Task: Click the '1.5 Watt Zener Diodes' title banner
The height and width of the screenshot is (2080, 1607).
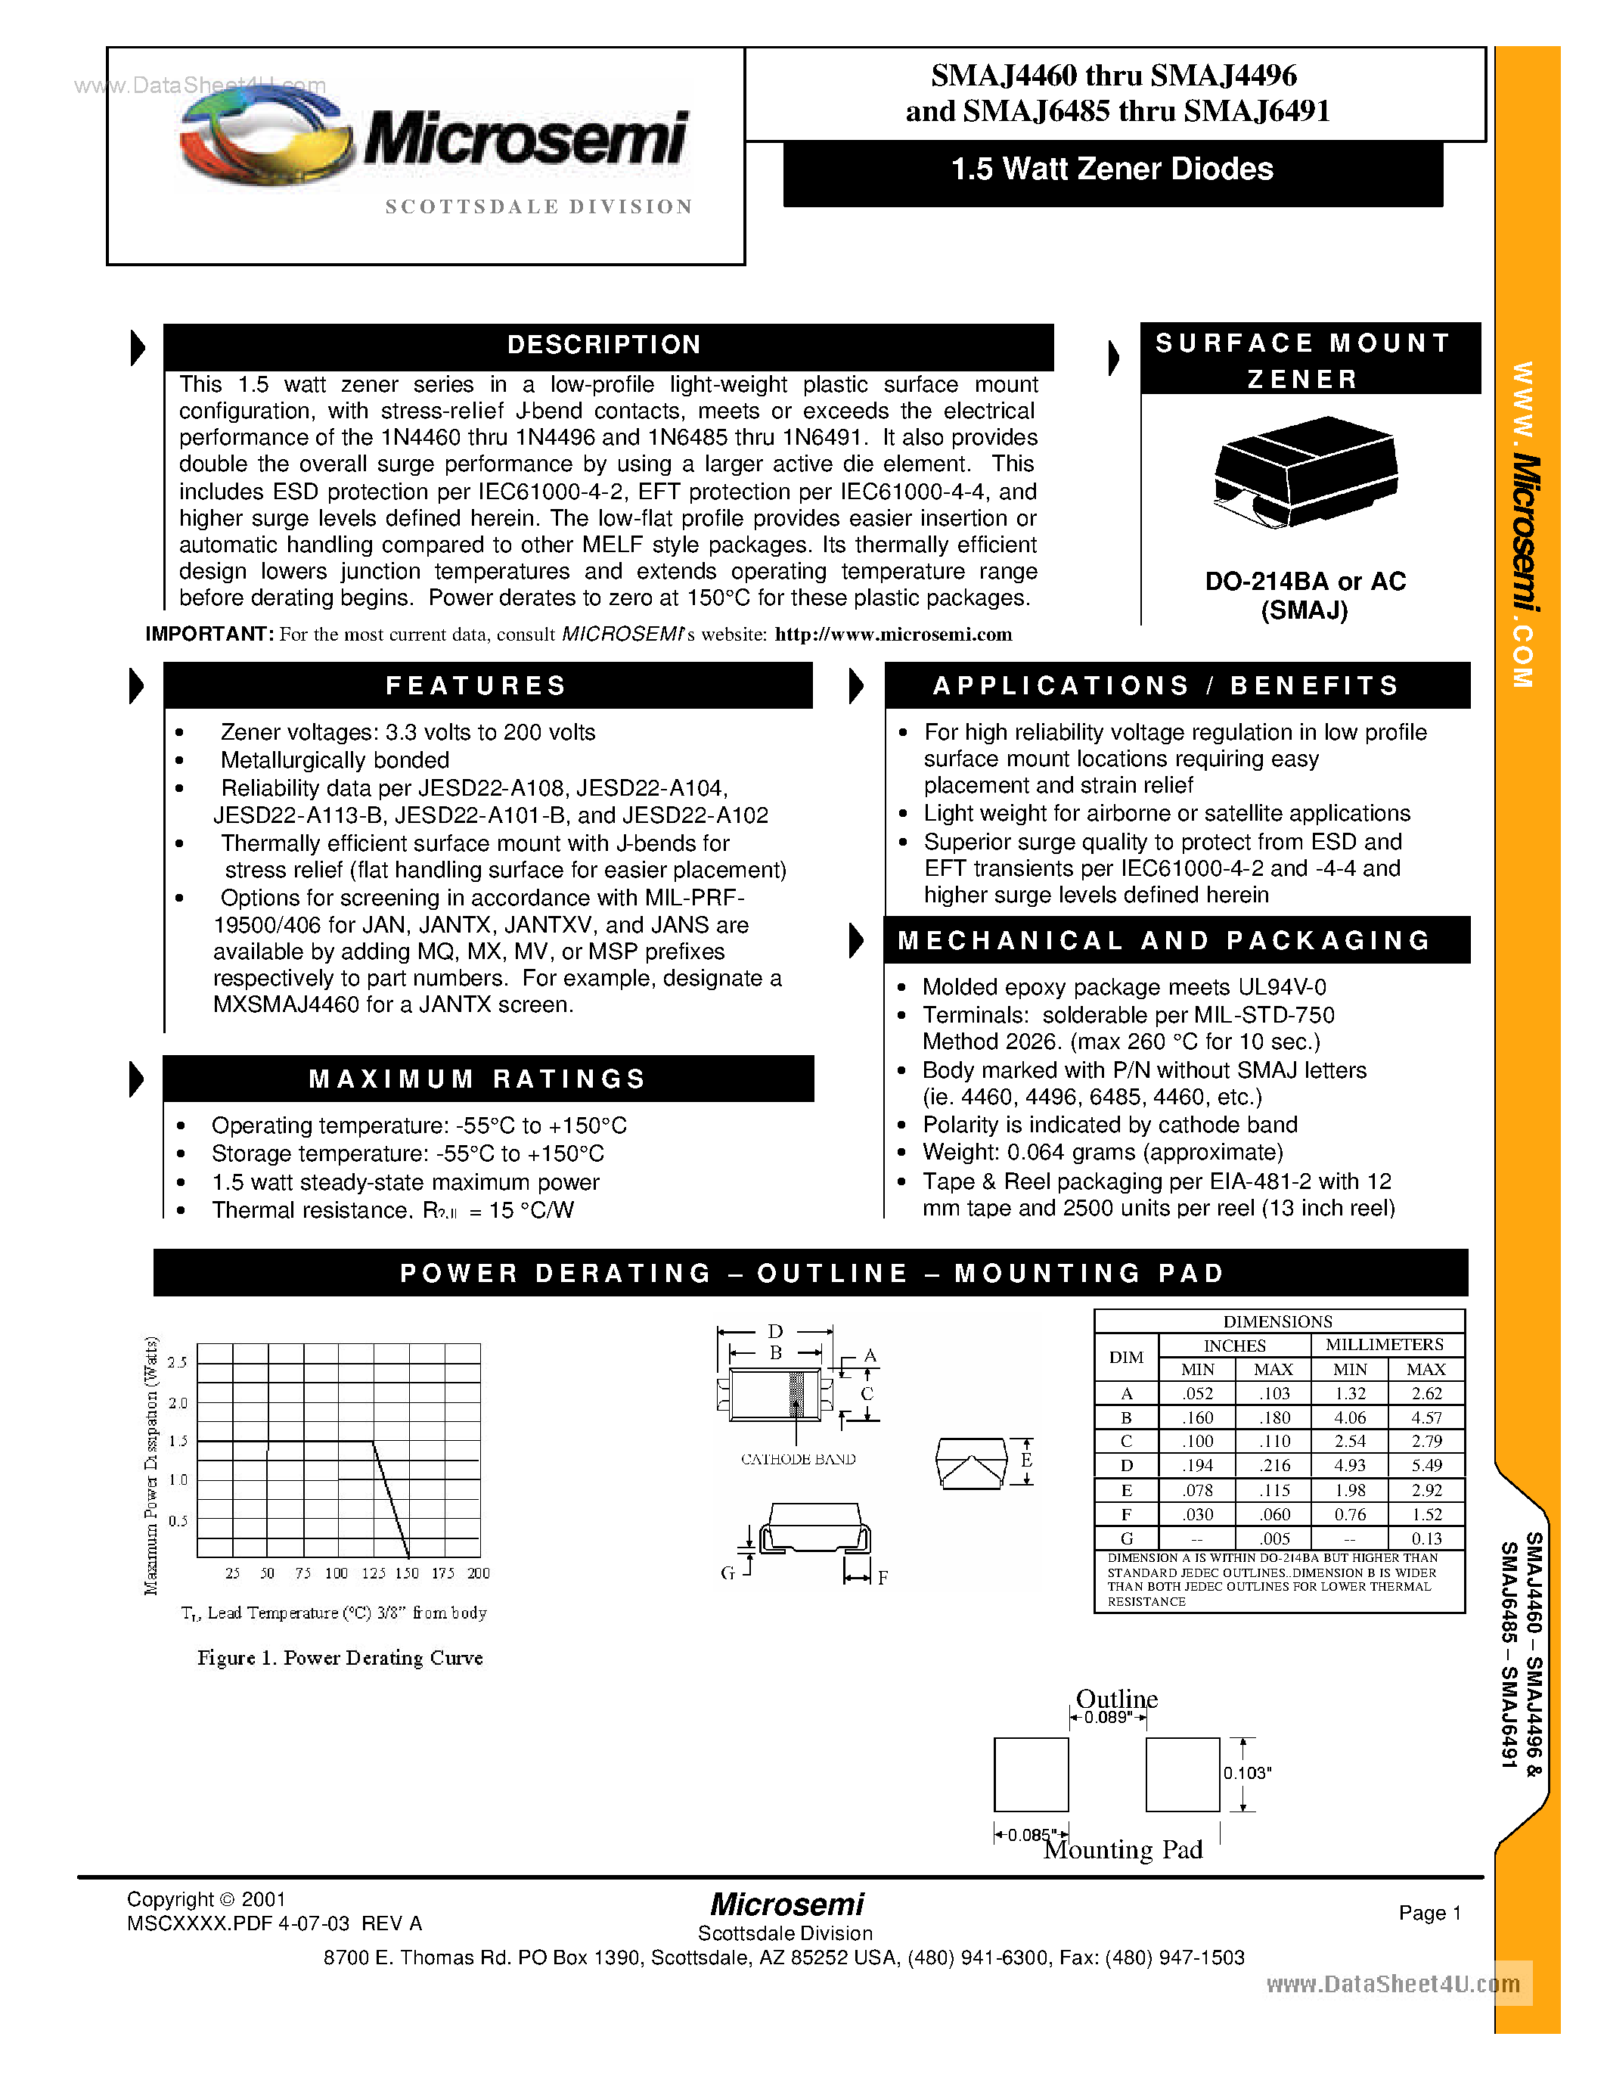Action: [1112, 170]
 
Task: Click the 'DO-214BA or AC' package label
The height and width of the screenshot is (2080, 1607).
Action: [1305, 582]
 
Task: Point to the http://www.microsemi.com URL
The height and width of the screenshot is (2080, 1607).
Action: [892, 635]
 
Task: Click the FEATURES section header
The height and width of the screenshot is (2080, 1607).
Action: [476, 686]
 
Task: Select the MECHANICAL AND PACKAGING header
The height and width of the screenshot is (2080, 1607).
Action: [1165, 941]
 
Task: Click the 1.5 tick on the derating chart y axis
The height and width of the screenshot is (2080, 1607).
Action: [178, 1441]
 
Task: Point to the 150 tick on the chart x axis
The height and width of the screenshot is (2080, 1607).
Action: [407, 1573]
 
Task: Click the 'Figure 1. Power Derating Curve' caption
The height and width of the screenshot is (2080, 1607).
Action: [340, 1658]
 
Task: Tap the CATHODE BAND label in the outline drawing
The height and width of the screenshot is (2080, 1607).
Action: [798, 1459]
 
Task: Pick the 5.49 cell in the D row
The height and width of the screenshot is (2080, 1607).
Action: [1426, 1466]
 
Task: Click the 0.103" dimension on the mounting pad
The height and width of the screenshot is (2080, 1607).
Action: [1247, 1774]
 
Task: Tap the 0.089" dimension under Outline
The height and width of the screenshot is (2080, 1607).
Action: [1107, 1717]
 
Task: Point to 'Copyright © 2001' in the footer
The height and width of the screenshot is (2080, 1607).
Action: [206, 1899]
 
